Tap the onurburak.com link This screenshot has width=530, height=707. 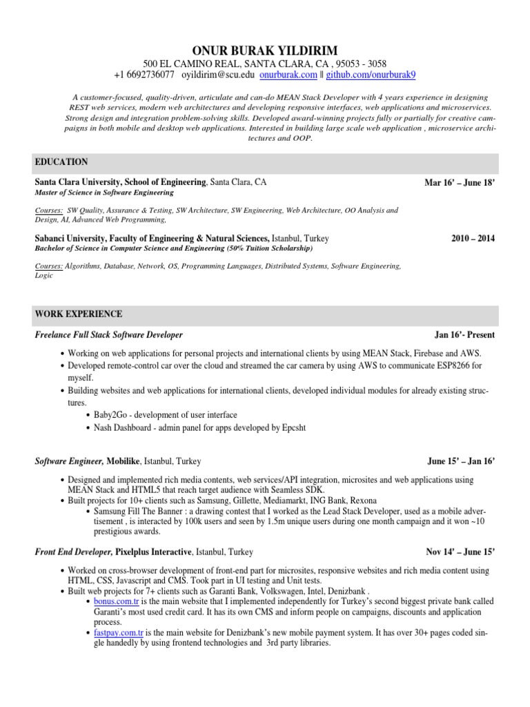288,74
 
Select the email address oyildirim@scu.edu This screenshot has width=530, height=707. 215,74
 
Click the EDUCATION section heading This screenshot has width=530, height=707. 61,162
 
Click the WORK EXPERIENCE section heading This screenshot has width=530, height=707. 78,314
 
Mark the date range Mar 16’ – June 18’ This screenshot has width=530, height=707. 460,182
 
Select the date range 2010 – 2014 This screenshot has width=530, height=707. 473,238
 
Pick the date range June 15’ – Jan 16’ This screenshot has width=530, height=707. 461,460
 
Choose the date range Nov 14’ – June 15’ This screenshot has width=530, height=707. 460,552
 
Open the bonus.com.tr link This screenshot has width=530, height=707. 109,601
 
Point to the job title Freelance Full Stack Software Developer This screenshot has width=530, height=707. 108,335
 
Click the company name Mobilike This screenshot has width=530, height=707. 124,460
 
